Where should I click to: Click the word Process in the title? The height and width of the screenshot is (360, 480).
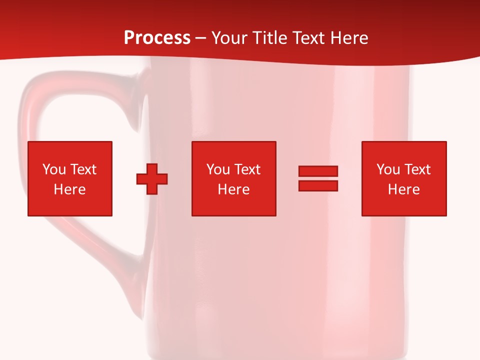(x=157, y=38)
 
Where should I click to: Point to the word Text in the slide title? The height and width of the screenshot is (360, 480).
(x=310, y=38)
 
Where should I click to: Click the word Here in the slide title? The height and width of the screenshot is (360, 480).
(x=349, y=38)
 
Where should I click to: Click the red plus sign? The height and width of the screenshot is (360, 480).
(x=152, y=179)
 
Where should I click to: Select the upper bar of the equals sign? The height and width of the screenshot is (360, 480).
(x=318, y=171)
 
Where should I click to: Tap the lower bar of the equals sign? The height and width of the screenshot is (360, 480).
(x=318, y=186)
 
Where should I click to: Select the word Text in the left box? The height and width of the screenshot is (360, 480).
(x=83, y=169)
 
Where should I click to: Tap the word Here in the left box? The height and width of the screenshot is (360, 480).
(x=69, y=189)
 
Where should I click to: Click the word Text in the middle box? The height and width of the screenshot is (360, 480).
(x=247, y=169)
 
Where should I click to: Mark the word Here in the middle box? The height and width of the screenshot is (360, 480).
(x=233, y=189)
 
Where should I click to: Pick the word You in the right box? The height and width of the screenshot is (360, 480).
(x=388, y=169)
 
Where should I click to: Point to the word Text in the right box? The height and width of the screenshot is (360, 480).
(x=417, y=169)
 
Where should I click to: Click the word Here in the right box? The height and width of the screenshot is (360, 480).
(x=403, y=189)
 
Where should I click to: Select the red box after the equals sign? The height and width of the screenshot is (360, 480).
(x=404, y=205)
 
